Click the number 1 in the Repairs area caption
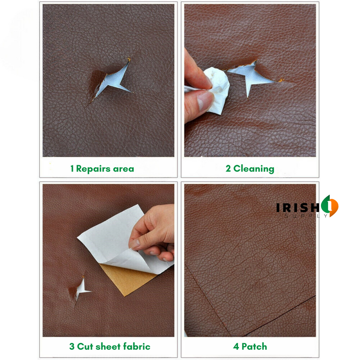pyautogui.click(x=72, y=169)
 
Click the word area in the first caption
pyautogui.click(x=124, y=169)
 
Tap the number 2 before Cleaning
pyautogui.click(x=228, y=169)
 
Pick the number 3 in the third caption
pyautogui.click(x=72, y=346)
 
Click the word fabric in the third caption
pyautogui.click(x=135, y=346)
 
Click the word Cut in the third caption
pyautogui.click(x=85, y=346)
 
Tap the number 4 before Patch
pyautogui.click(x=236, y=346)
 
